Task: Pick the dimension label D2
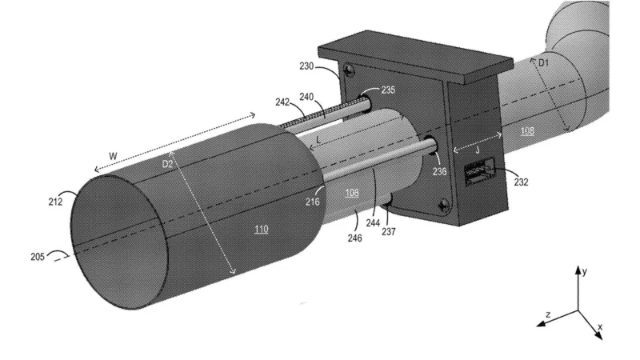coord(168,163)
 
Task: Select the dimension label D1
coord(543,62)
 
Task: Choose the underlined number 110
coord(261,230)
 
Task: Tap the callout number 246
coord(354,238)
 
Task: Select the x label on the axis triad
coord(599,328)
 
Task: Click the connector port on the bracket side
coord(479,173)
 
